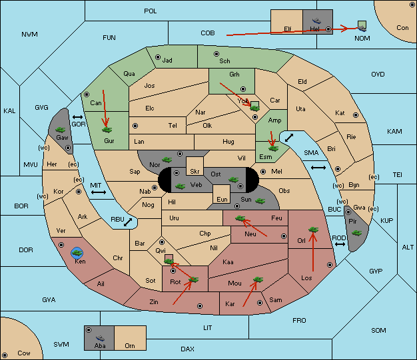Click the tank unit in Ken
pos(77,253)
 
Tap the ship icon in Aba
pos(101,338)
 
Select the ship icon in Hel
pos(316,21)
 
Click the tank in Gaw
pos(61,130)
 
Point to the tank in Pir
pos(356,233)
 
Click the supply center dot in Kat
pos(356,115)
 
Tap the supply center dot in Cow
pos(5,355)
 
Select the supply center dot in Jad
pos(158,57)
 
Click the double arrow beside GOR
pos(78,117)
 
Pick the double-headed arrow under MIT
pos(99,192)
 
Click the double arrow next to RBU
pos(128,222)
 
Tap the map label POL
pos(151,11)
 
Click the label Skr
pos(195,172)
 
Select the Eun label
pos(222,200)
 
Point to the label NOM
pos(362,39)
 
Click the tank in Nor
pos(167,160)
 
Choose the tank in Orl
pos(313,230)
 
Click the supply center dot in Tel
pos(135,125)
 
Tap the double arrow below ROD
pos(340,244)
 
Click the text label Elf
pos(288,29)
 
